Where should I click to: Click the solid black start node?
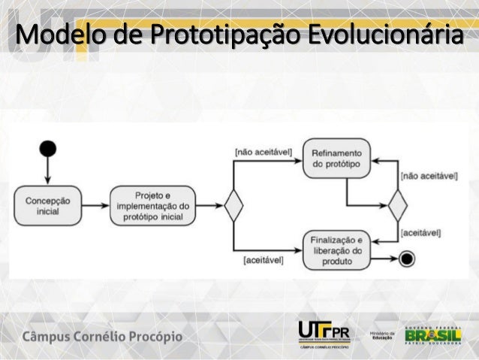tap(48, 147)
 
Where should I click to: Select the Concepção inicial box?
tap(48, 206)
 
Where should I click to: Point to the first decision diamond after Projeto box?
tap(234, 206)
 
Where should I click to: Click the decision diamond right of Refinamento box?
tap(396, 204)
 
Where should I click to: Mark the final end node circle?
tap(407, 259)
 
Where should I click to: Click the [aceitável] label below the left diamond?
tap(262, 260)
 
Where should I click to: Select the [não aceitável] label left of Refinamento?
tap(262, 151)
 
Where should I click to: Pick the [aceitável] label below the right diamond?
tap(420, 234)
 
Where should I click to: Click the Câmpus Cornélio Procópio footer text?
tap(105, 335)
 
